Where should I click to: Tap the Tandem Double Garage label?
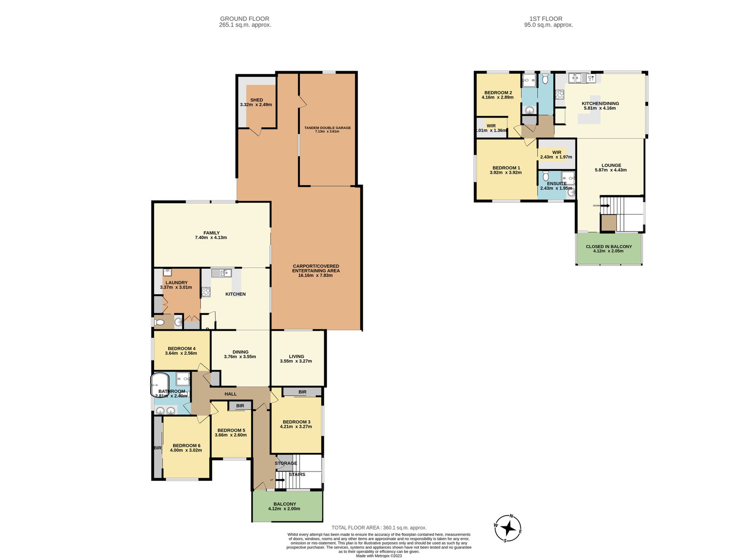pyautogui.click(x=327, y=127)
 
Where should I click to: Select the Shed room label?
pyautogui.click(x=256, y=100)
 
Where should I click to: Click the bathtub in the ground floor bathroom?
pyautogui.click(x=159, y=385)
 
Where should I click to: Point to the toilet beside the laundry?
pyautogui.click(x=159, y=322)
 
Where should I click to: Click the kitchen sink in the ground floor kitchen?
pyautogui.click(x=222, y=273)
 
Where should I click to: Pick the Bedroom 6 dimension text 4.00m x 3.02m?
pyautogui.click(x=186, y=450)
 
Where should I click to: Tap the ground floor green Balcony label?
pyautogui.click(x=285, y=504)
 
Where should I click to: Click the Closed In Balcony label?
pyautogui.click(x=609, y=246)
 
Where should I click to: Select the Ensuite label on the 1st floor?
pyautogui.click(x=556, y=184)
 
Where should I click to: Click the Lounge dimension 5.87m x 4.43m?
pyautogui.click(x=611, y=170)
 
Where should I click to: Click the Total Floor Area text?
pyautogui.click(x=379, y=528)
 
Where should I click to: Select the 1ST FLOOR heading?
pyautogui.click(x=548, y=19)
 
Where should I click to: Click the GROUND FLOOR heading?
pyautogui.click(x=245, y=19)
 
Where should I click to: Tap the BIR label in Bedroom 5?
pyautogui.click(x=240, y=406)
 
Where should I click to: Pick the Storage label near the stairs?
pyautogui.click(x=286, y=463)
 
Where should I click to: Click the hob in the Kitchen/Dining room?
pyautogui.click(x=560, y=95)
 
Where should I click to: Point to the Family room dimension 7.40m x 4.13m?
pyautogui.click(x=211, y=238)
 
